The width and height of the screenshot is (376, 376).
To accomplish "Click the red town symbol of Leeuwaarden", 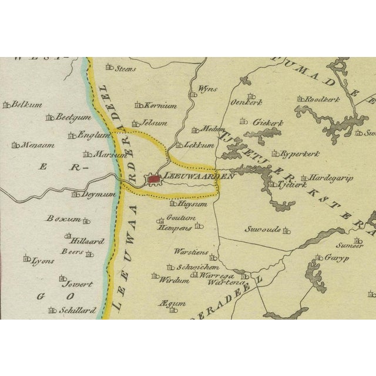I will pos(155,178).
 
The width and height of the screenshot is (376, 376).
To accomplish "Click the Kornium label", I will pos(162,106).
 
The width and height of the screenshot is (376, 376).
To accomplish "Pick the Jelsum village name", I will pos(155,124).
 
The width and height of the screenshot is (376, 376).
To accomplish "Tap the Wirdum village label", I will pos(176,280).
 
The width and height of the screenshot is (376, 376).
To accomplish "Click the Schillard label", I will pos(77,310).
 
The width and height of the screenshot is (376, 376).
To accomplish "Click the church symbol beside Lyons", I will pos(26,259).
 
